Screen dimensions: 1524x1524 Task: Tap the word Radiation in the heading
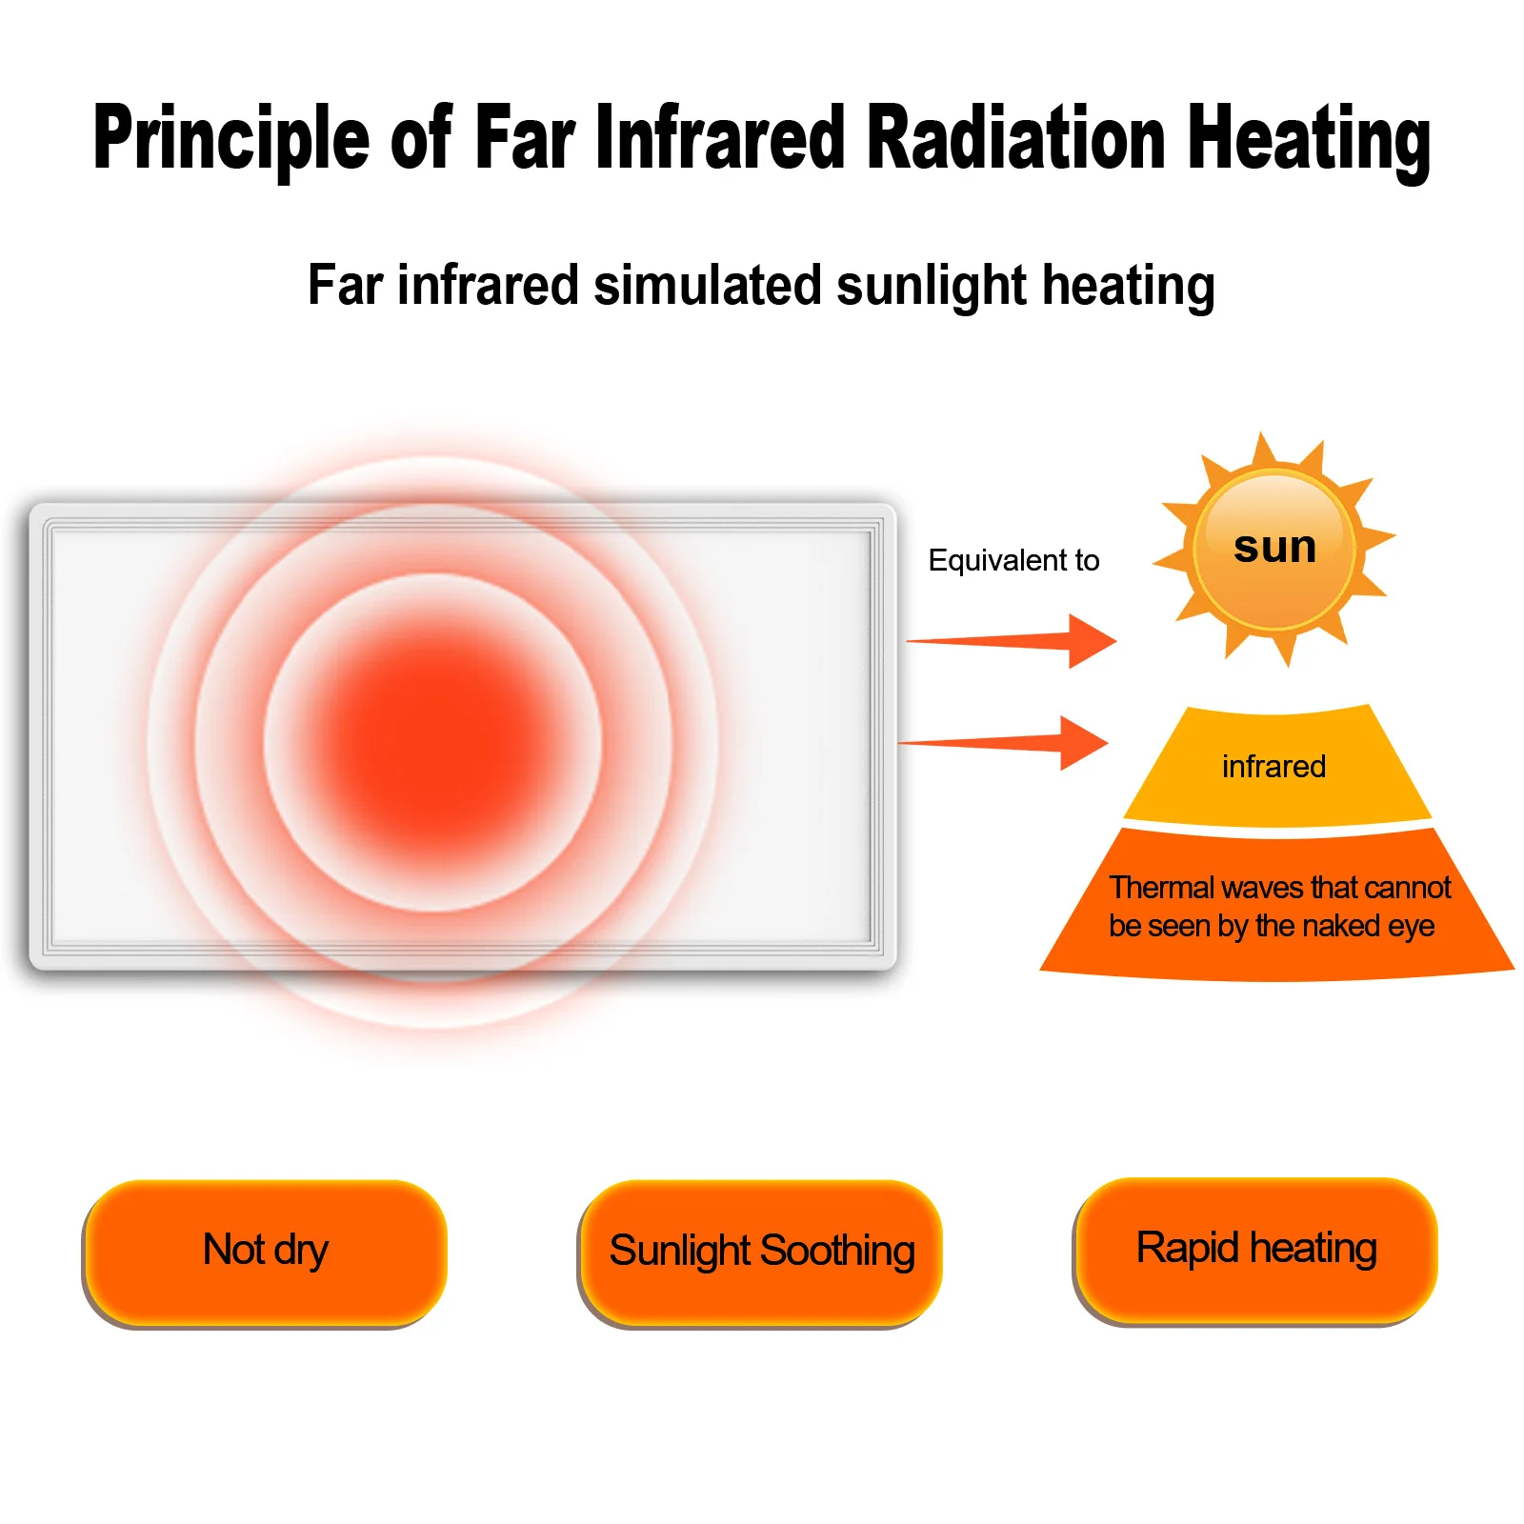(1016, 139)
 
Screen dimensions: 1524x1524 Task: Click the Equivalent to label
(1013, 560)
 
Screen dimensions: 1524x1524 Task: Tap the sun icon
(1273, 550)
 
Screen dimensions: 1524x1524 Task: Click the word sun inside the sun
(1274, 547)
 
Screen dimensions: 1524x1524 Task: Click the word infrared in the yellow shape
(1273, 767)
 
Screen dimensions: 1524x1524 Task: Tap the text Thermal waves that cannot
(1279, 888)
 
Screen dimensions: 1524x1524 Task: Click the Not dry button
(266, 1251)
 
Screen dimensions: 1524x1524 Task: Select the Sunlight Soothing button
(761, 1251)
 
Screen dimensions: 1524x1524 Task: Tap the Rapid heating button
(1256, 1249)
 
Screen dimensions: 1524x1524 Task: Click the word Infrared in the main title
(720, 139)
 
